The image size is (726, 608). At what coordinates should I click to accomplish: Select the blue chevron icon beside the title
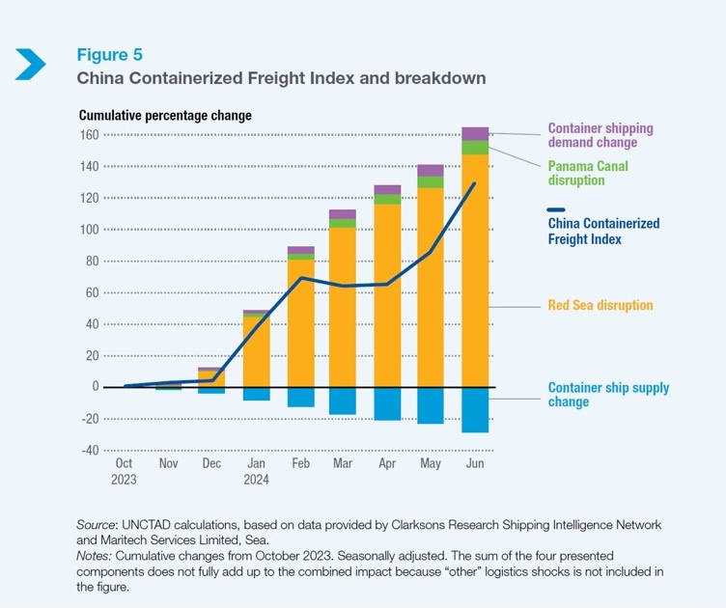tap(31, 65)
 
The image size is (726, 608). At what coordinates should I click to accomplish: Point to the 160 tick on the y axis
tap(90, 135)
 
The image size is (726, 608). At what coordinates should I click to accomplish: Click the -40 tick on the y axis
tap(89, 450)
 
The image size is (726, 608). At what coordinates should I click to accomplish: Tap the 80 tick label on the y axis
tap(93, 261)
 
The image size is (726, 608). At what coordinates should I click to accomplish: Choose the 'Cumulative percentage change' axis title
tap(165, 115)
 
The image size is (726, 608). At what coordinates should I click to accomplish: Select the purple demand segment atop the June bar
tap(475, 133)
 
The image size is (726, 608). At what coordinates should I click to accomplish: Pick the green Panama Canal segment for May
tap(431, 181)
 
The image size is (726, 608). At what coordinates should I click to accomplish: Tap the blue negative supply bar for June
tap(475, 409)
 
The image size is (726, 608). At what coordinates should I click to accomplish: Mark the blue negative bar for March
tap(343, 401)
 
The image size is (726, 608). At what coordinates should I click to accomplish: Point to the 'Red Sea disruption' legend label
tap(600, 306)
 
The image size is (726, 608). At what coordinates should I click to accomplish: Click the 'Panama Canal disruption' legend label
tap(588, 173)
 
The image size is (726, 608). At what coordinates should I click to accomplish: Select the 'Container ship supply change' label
tap(608, 395)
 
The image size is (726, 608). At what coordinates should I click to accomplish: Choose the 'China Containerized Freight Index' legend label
tap(603, 231)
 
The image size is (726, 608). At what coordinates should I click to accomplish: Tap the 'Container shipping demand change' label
tap(600, 135)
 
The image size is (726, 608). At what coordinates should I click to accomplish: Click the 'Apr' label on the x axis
tap(386, 464)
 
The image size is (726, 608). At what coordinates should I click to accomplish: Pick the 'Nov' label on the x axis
tap(168, 464)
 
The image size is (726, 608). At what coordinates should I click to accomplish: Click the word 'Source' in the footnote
tap(97, 524)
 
